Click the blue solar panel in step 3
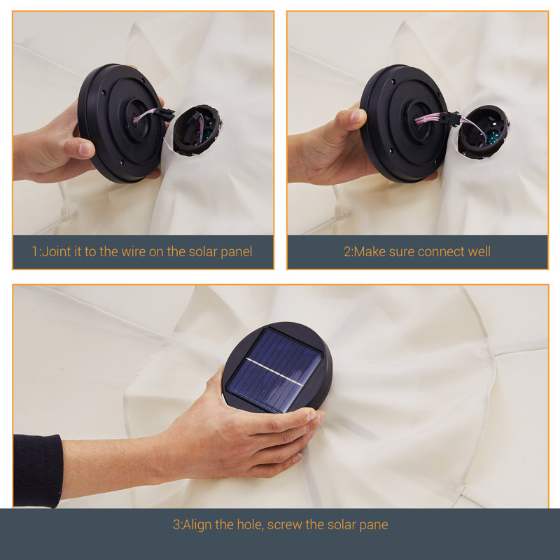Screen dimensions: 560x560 click(x=275, y=370)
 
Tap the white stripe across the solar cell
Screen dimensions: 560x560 click(x=275, y=372)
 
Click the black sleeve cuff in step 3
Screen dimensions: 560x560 click(x=38, y=470)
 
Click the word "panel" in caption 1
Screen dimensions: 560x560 click(x=237, y=252)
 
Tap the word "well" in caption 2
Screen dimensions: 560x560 click(x=479, y=251)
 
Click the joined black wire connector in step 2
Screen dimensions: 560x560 click(x=451, y=118)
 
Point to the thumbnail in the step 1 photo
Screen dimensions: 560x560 click(x=86, y=149)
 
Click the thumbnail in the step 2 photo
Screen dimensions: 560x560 click(x=357, y=116)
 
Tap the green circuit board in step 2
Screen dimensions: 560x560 click(x=493, y=136)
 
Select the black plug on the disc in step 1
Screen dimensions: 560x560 click(x=165, y=114)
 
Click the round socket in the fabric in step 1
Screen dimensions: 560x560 click(x=197, y=130)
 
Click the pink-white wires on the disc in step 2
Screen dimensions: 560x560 click(x=428, y=118)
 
